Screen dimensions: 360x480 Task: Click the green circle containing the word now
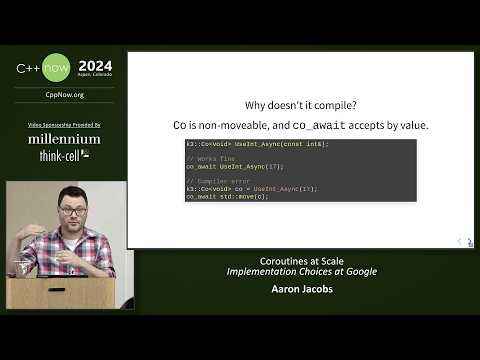coord(56,68)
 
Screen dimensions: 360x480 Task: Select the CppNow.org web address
coord(64,96)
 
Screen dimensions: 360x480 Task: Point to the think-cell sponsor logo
coord(64,156)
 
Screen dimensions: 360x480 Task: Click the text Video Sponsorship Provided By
coord(64,123)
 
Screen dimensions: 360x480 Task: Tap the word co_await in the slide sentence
coord(319,125)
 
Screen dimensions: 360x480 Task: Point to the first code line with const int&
coord(257,144)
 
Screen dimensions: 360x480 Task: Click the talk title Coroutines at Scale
coord(301,261)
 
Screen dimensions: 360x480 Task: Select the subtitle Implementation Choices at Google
coord(301,272)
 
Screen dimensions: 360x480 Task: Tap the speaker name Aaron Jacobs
coord(301,290)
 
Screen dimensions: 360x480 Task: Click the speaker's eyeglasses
coord(75,212)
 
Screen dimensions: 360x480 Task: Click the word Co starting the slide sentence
coord(181,125)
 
